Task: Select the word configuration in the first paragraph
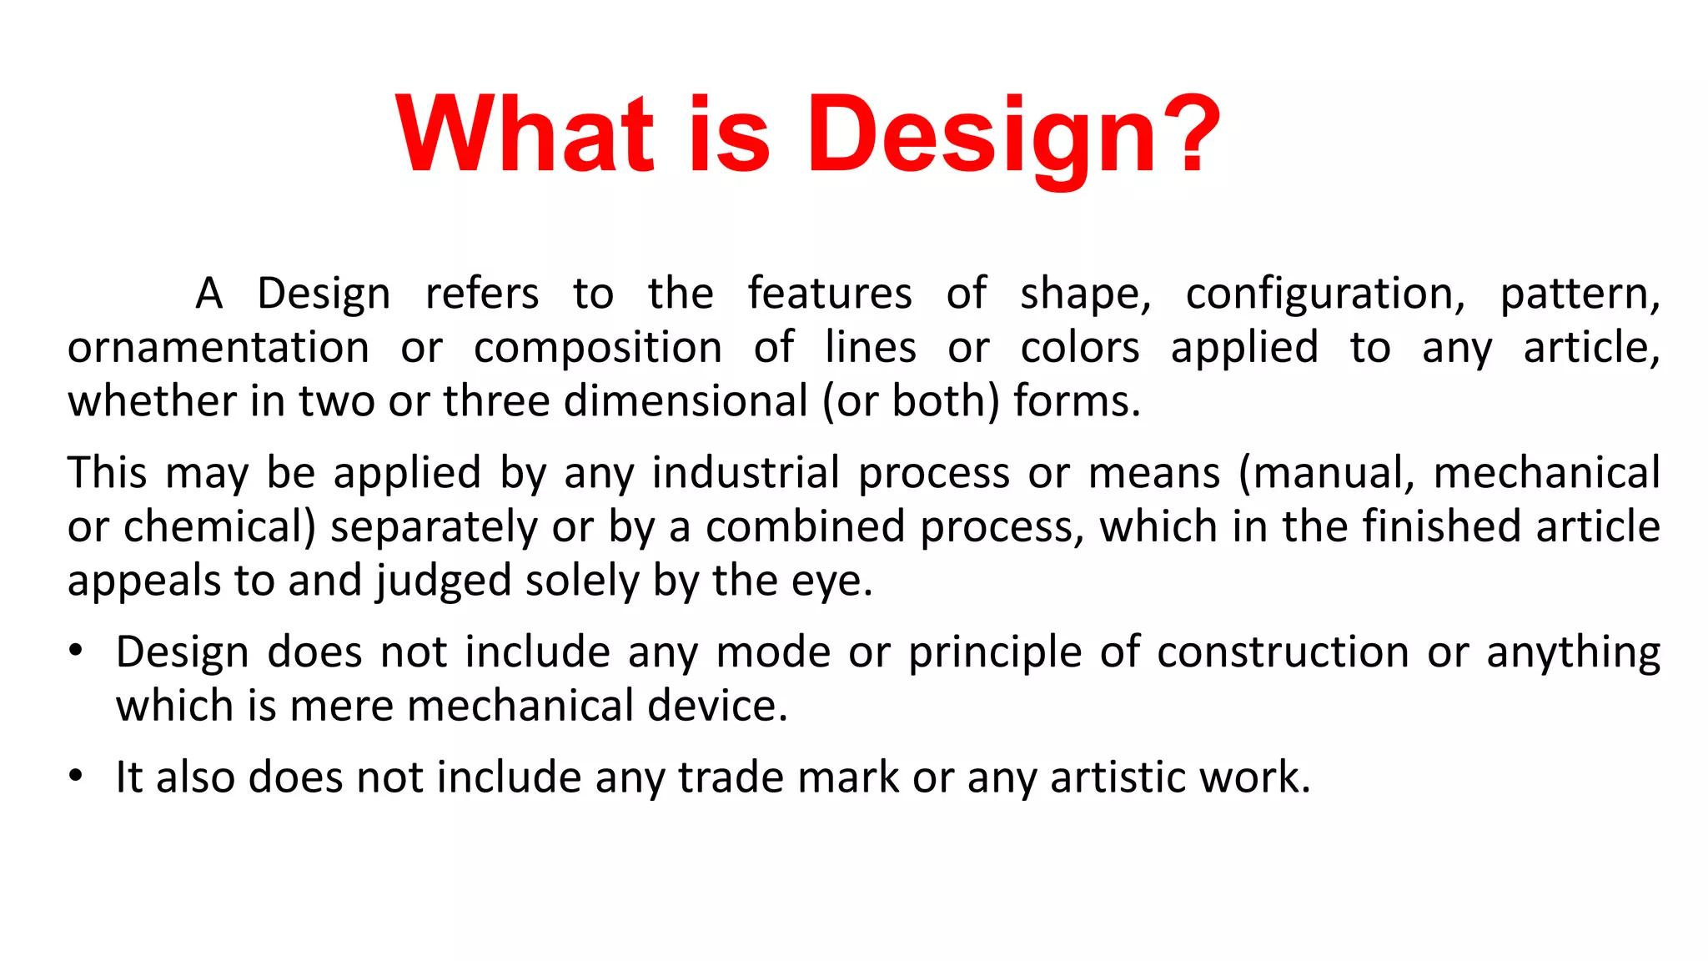coord(1324,294)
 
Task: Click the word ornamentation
coord(219,348)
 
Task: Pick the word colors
coord(1080,348)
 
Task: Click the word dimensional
coord(686,401)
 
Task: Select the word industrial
coord(746,473)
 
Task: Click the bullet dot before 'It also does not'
coord(76,776)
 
